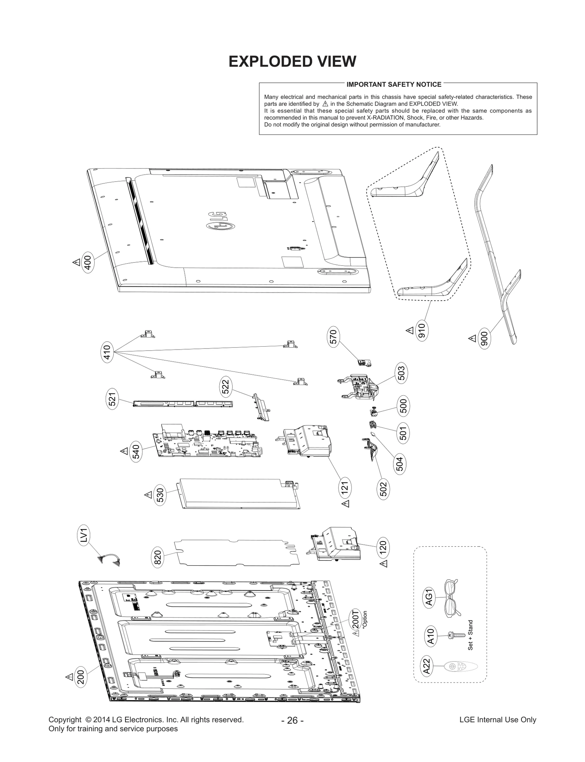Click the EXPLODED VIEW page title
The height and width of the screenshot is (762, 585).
coord(292,62)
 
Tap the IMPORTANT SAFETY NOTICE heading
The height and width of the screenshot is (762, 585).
coord(394,84)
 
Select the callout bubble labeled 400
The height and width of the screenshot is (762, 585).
coord(88,262)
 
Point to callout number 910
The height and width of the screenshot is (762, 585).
coord(422,331)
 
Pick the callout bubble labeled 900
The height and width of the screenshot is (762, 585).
coord(484,339)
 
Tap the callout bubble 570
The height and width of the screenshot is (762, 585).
coord(333,336)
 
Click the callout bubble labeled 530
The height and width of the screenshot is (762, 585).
coord(160,495)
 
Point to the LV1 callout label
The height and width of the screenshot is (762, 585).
coord(84,536)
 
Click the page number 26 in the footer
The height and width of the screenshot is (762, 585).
coord(292,720)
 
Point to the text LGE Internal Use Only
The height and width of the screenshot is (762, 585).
coord(498,720)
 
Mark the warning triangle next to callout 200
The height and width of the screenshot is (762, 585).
coord(69,677)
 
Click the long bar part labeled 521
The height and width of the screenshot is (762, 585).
coord(183,404)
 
